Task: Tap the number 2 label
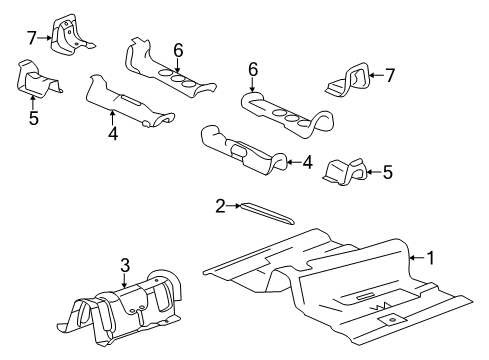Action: point(220,207)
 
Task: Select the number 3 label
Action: point(124,266)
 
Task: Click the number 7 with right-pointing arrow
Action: point(32,38)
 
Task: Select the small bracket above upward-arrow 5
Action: point(36,77)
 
